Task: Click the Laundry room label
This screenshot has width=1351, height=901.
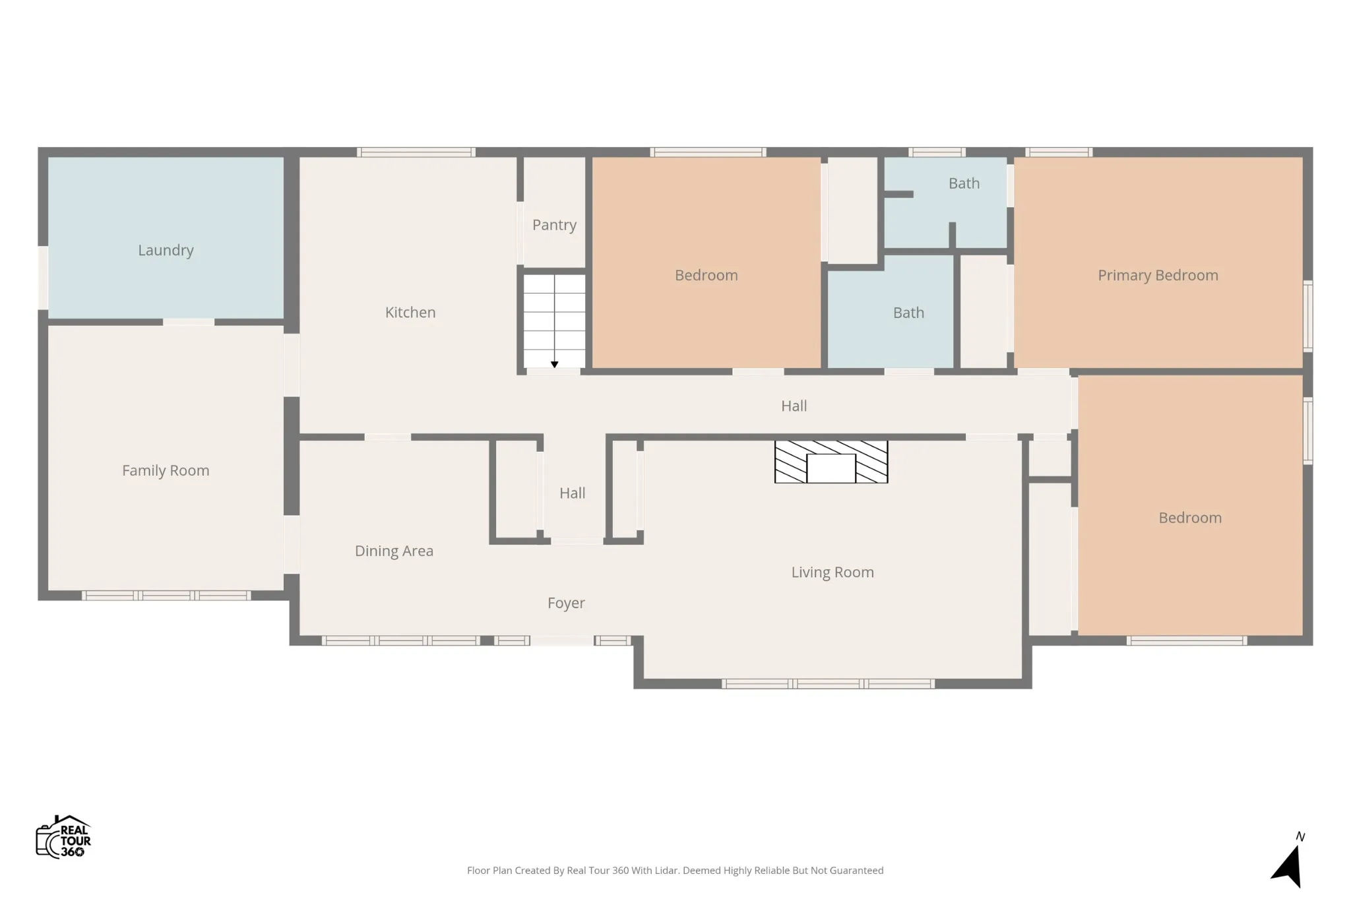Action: (166, 251)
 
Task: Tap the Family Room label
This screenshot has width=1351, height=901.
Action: (166, 471)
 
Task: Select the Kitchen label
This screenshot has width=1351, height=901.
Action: (410, 313)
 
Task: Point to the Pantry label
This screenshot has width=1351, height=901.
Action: (554, 226)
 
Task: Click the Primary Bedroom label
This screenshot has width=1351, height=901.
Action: (1158, 276)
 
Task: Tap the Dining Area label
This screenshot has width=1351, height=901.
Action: (394, 551)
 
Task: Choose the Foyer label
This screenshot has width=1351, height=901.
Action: (566, 604)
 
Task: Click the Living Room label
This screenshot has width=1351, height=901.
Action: (833, 573)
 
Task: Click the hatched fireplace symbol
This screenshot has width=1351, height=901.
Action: (831, 462)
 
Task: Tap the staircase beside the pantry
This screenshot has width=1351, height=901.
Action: (554, 321)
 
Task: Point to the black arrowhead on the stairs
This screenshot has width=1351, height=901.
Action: (554, 364)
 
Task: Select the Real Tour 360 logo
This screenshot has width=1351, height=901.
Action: (63, 837)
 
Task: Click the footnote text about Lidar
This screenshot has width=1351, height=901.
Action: (675, 871)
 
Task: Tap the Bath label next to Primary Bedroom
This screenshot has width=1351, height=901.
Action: (964, 183)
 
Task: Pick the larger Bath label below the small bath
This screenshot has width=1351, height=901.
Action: (908, 313)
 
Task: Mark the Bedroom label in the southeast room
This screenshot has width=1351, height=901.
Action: (1190, 518)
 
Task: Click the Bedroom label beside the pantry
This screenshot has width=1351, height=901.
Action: (706, 276)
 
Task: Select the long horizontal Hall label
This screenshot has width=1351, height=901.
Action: (794, 406)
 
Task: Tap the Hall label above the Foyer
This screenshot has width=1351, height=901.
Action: (572, 493)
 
